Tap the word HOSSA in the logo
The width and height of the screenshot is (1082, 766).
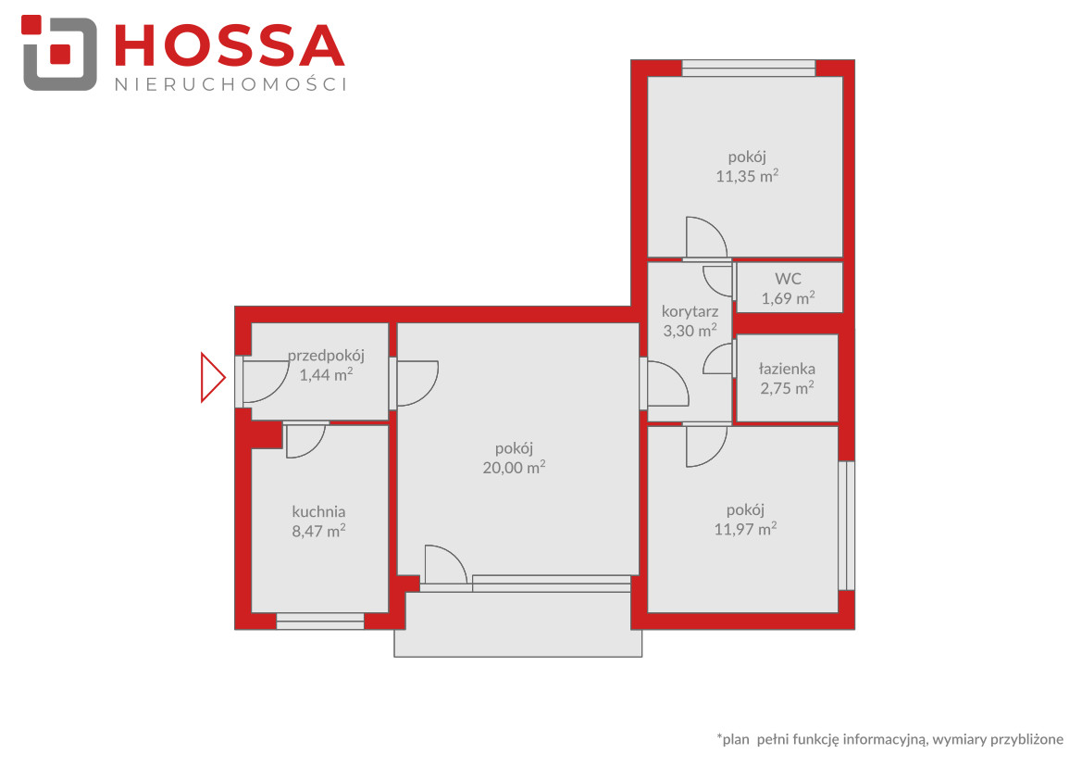coord(230,46)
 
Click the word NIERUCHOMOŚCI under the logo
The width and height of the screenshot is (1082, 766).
coord(230,84)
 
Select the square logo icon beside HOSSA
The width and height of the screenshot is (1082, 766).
coord(59,53)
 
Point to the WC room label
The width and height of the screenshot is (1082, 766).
coord(788,279)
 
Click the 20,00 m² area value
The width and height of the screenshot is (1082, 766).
coord(514,467)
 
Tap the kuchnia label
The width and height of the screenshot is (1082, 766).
coord(318,512)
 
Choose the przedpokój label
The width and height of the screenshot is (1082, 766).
coord(326,356)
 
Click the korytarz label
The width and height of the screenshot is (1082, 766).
coord(690,311)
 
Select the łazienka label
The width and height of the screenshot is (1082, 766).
coord(788,369)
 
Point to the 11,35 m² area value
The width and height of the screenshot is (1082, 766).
coord(747,175)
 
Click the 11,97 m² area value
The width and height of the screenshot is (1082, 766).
coord(745,529)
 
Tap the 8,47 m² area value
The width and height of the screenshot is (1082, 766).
coord(318,531)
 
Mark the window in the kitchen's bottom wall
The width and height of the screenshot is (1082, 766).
coord(320,621)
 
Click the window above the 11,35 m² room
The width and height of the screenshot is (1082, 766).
coord(749,69)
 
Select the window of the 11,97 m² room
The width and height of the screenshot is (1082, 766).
coord(847,525)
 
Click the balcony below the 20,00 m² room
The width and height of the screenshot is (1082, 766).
coord(518,624)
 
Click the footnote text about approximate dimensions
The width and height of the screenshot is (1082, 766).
coord(890,739)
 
